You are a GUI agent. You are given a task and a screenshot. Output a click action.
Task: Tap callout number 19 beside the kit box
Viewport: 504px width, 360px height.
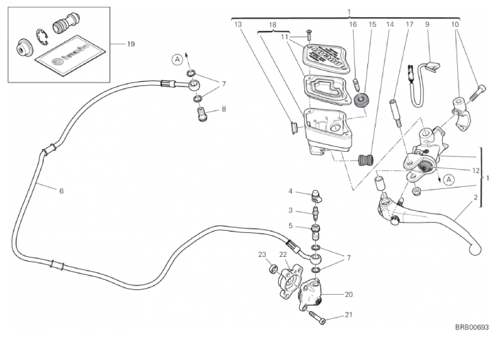pos(130,44)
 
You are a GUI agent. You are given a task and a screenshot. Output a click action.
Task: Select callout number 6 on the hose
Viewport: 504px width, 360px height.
pos(61,190)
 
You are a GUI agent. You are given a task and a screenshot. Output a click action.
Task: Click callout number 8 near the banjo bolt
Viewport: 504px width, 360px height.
pos(223,109)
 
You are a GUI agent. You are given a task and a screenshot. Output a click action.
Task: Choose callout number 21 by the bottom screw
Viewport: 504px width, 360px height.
pos(348,315)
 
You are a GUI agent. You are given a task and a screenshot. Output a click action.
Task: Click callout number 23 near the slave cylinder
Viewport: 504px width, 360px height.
pos(262,255)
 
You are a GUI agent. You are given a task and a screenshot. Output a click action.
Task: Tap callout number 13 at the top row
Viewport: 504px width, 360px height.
pos(238,24)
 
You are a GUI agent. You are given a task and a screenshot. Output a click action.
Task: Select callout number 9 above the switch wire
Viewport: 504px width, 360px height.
pos(427,24)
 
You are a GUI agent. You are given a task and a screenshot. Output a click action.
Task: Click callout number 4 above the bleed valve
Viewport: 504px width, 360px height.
pos(290,191)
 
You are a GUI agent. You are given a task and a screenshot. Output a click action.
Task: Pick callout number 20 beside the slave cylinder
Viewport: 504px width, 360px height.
pos(348,295)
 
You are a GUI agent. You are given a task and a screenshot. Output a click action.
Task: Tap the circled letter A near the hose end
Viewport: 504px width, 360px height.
pos(177,60)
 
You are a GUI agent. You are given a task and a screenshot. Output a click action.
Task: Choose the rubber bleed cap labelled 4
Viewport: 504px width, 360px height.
pos(317,195)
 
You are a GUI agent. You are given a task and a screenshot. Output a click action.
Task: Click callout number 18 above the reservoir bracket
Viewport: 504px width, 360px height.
pos(273,24)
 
